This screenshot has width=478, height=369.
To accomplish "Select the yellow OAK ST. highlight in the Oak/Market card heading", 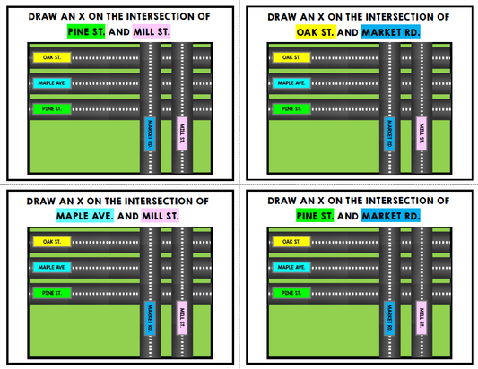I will click(316, 31).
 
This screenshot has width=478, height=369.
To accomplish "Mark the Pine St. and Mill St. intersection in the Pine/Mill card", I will click(181, 108).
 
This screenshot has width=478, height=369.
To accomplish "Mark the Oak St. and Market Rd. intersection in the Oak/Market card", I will click(390, 57).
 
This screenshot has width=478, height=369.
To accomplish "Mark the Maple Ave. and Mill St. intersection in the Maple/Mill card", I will click(181, 267).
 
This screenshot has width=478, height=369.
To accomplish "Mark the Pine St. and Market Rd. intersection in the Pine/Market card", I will click(390, 293).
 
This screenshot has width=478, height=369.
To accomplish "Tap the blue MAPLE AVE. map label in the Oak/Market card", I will click(291, 82).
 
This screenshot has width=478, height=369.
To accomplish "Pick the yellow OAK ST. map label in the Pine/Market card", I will click(291, 242).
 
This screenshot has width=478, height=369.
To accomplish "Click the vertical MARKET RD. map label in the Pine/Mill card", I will click(151, 134).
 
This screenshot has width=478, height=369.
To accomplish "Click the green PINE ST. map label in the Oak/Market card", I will click(291, 108).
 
